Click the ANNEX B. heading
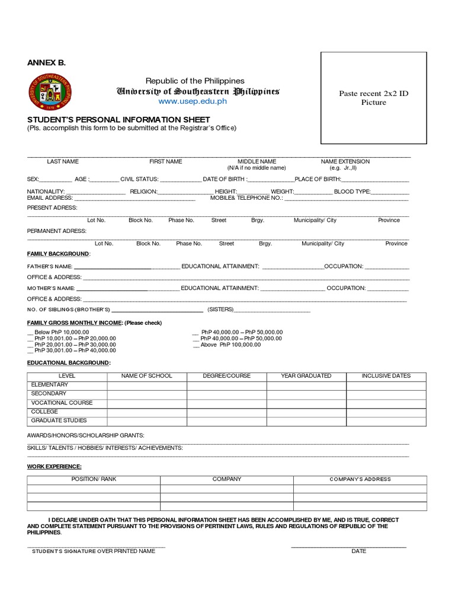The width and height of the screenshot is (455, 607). point(46,63)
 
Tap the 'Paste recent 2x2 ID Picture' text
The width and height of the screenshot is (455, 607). point(373,98)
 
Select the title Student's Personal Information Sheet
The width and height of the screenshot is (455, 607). point(107,120)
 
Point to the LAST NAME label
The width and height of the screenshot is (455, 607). point(63,161)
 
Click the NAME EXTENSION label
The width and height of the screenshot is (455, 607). point(345,161)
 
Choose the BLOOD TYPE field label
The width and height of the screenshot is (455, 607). point(352,191)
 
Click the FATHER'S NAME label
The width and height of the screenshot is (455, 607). point(50,267)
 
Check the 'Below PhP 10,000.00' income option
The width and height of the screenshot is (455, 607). point(30,333)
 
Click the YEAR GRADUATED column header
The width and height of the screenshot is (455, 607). point(306,376)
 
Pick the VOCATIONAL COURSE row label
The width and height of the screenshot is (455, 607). point(62,403)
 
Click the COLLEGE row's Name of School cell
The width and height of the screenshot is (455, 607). point(147,412)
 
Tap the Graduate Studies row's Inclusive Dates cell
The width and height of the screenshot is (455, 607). point(386,421)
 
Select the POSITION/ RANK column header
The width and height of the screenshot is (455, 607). point(94,479)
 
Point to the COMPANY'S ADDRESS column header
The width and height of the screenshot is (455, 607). point(360,479)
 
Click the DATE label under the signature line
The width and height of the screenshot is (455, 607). point(358,551)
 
